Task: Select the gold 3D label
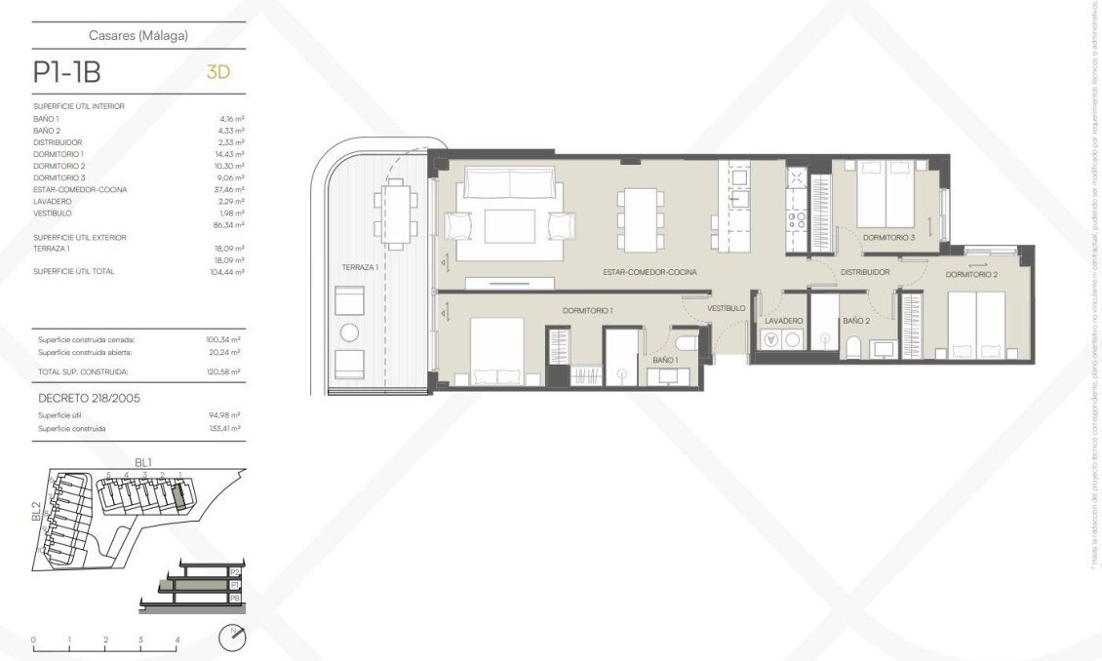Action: [x=218, y=72]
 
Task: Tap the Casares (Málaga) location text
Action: [x=138, y=36]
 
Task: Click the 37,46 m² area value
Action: [x=231, y=189]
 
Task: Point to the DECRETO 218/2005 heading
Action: [x=89, y=398]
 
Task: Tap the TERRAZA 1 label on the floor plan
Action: [x=360, y=266]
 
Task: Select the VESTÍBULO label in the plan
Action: [x=727, y=308]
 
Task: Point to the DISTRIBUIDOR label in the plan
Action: [x=865, y=272]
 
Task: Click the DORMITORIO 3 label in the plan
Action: [x=888, y=237]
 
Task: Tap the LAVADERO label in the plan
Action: [x=783, y=321]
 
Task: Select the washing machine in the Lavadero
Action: [x=773, y=340]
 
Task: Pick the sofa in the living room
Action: [x=510, y=182]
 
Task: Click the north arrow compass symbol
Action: [x=233, y=638]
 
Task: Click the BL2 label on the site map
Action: [x=36, y=512]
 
